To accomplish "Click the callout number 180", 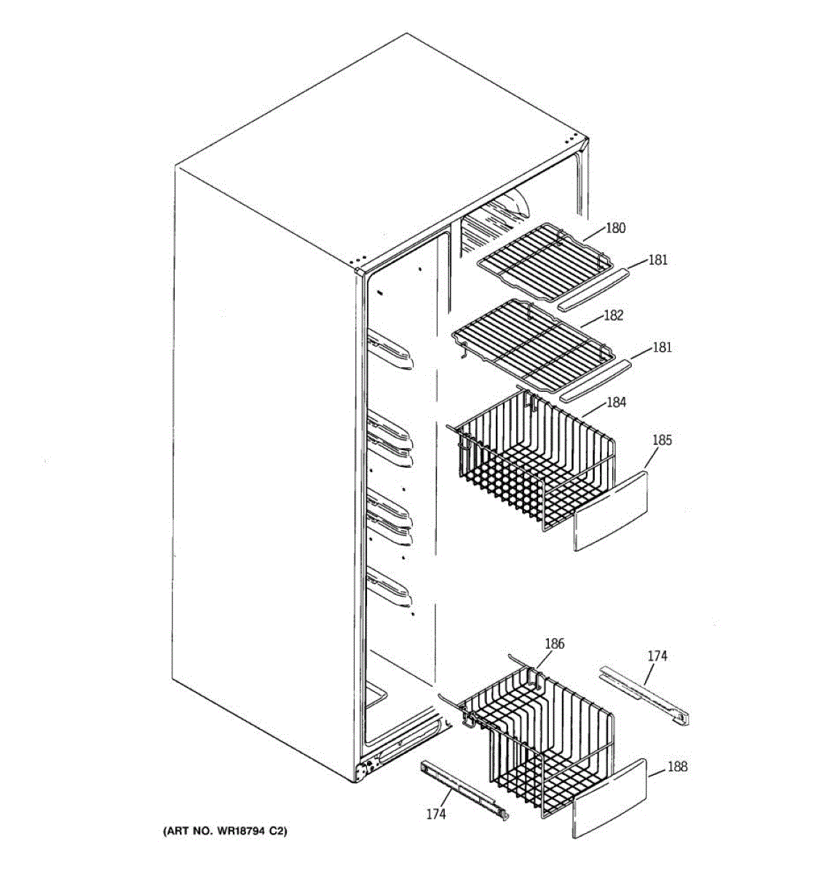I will tap(615, 228).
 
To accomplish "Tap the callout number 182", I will tap(614, 315).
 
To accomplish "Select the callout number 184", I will tap(616, 402).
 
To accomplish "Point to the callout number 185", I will tap(662, 440).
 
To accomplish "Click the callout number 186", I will tap(554, 644).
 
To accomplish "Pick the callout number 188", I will tap(677, 766).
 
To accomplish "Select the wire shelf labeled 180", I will tap(542, 261).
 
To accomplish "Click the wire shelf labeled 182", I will tap(531, 342).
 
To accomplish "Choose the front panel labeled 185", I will tap(611, 510).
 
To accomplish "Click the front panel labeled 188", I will tap(609, 797).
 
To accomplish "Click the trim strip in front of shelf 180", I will tap(592, 289).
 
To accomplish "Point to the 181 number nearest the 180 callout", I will tap(657, 260).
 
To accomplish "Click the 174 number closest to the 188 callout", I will tap(657, 656).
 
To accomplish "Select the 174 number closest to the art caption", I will tap(435, 814).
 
